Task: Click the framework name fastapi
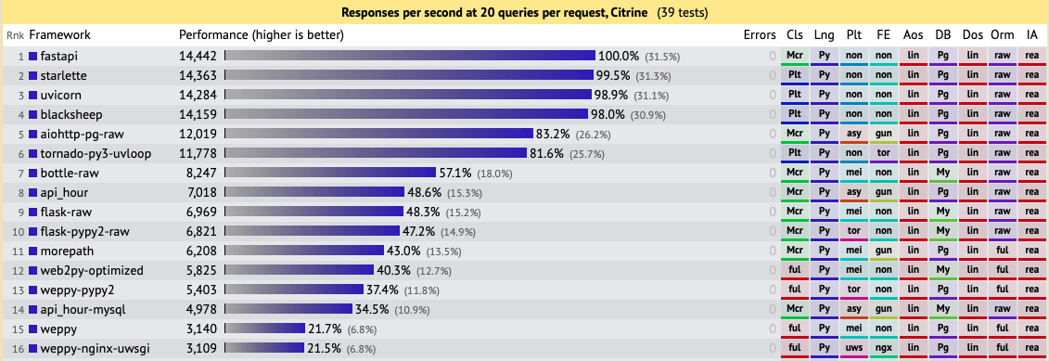(59, 56)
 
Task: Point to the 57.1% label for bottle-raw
(455, 173)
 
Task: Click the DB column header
(942, 35)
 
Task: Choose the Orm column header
(1002, 35)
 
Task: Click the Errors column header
(760, 35)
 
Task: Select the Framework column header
(60, 35)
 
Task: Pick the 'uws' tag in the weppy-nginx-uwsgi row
(853, 348)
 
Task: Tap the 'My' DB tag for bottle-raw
(942, 173)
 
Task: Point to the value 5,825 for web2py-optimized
(198, 270)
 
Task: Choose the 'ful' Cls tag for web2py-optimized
(794, 270)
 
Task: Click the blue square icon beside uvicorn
(33, 95)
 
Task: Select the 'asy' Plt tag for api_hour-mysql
(853, 309)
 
